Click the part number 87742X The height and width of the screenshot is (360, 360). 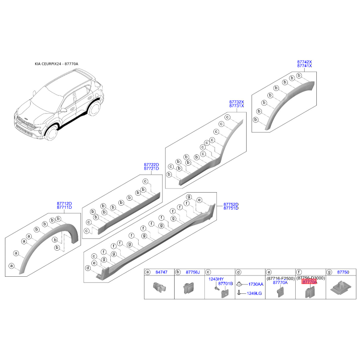click(x=304, y=61)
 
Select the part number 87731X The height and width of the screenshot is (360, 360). click(x=236, y=106)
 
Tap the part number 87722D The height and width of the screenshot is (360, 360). click(x=151, y=165)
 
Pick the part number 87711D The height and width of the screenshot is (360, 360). click(x=64, y=208)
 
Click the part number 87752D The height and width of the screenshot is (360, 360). click(x=231, y=204)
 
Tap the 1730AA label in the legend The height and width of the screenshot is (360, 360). click(x=256, y=284)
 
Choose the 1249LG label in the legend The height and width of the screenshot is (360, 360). click(x=256, y=293)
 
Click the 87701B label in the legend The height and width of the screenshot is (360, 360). click(x=225, y=283)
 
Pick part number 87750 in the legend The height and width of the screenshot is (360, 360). click(x=343, y=272)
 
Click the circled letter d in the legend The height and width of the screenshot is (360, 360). click(x=239, y=272)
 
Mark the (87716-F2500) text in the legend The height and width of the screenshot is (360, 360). click(x=280, y=279)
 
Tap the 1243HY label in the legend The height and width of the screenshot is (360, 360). click(x=216, y=279)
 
